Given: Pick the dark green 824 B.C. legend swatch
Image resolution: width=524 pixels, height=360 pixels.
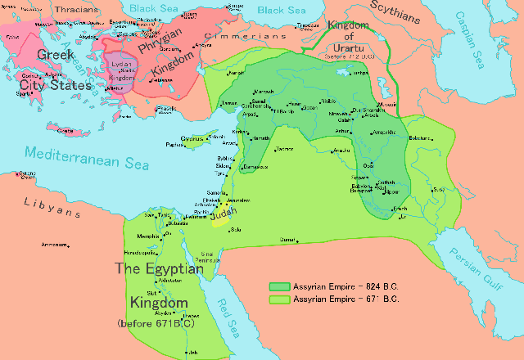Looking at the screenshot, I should coord(278,286).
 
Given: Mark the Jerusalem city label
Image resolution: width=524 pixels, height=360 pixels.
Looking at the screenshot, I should coord(237,200).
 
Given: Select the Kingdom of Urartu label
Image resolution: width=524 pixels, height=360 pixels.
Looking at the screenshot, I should coord(350,37).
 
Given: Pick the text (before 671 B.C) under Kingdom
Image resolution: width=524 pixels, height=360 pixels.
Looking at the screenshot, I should coord(155,323).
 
